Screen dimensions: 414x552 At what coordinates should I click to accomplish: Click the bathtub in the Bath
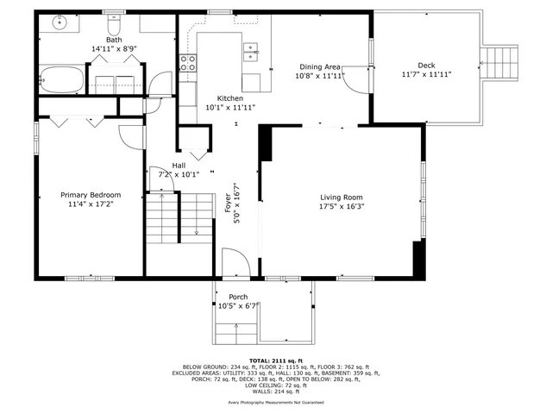pos(61,80)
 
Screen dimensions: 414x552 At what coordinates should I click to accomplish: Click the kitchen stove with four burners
pos(187,62)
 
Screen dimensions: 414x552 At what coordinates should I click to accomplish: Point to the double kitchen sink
pos(251,53)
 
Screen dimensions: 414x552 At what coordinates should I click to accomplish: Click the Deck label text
pos(426,66)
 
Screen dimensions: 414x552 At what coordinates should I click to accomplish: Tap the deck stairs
pos(500,61)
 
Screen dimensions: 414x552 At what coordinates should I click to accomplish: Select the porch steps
pos(236,334)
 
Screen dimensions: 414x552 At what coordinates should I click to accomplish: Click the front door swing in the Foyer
pos(233,263)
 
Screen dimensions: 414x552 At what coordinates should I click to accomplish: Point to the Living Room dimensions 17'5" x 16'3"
pos(342,206)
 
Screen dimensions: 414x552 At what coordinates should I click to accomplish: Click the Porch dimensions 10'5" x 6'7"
pos(239,305)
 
